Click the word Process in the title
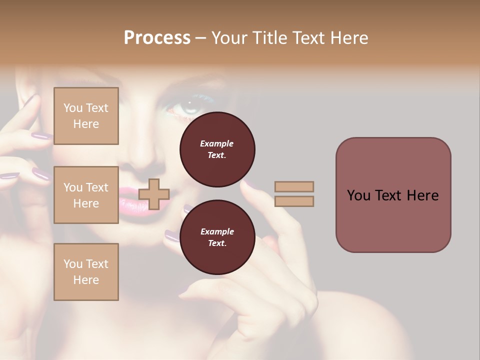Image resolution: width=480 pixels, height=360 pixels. (x=157, y=37)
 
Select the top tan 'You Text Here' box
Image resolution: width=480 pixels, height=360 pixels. (x=86, y=116)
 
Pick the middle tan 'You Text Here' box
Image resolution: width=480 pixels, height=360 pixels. (x=86, y=195)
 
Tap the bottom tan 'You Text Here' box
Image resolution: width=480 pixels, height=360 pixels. (x=86, y=272)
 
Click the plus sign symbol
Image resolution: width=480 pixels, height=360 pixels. (x=154, y=194)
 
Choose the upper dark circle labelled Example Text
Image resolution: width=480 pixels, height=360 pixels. (x=217, y=149)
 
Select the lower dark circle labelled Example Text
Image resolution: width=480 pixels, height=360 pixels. (x=217, y=237)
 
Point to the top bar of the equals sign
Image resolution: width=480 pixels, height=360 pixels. (x=294, y=186)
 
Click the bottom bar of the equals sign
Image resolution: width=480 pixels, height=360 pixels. (x=294, y=201)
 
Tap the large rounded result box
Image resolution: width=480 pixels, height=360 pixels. (x=393, y=195)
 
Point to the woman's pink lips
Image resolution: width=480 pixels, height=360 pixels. (x=131, y=197)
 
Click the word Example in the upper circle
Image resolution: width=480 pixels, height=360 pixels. (x=217, y=144)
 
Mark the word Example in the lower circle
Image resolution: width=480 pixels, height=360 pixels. (x=217, y=232)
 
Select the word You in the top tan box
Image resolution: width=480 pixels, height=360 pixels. (x=72, y=108)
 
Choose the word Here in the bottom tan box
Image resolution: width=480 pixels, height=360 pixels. (x=86, y=280)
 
